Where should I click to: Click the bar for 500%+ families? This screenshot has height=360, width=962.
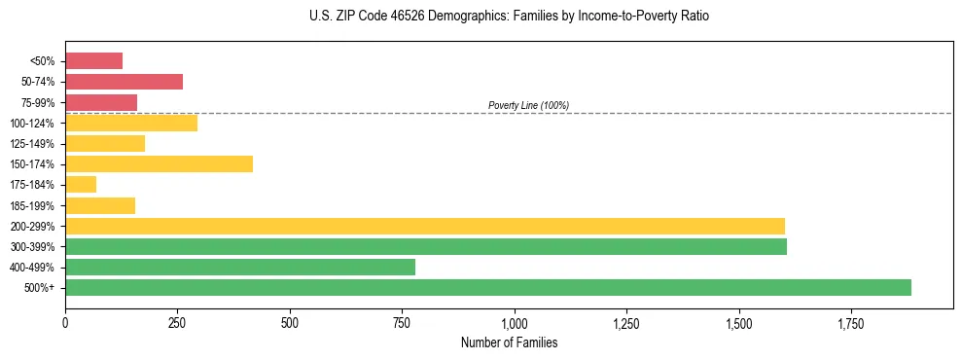pyautogui.click(x=487, y=287)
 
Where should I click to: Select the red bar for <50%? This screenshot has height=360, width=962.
pyautogui.click(x=93, y=61)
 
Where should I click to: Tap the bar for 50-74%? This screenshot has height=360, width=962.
pyautogui.click(x=124, y=82)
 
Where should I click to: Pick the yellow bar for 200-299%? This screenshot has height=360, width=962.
pyautogui.click(x=424, y=226)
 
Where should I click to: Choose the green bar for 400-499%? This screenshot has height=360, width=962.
pyautogui.click(x=239, y=267)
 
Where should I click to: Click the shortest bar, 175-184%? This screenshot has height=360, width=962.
pyautogui.click(x=81, y=184)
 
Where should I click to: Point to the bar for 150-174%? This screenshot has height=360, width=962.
pyautogui.click(x=159, y=163)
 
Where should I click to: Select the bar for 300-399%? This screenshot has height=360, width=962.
pyautogui.click(x=425, y=246)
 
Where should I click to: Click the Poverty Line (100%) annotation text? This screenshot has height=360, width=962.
pyautogui.click(x=528, y=105)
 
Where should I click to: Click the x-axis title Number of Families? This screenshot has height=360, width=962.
pyautogui.click(x=509, y=342)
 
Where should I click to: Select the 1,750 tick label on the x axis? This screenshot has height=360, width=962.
pyautogui.click(x=850, y=322)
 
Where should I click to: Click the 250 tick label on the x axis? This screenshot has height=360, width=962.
pyautogui.click(x=177, y=322)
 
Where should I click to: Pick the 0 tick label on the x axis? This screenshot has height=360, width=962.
pyautogui.click(x=65, y=322)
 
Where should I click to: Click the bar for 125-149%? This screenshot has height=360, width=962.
pyautogui.click(x=105, y=143)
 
